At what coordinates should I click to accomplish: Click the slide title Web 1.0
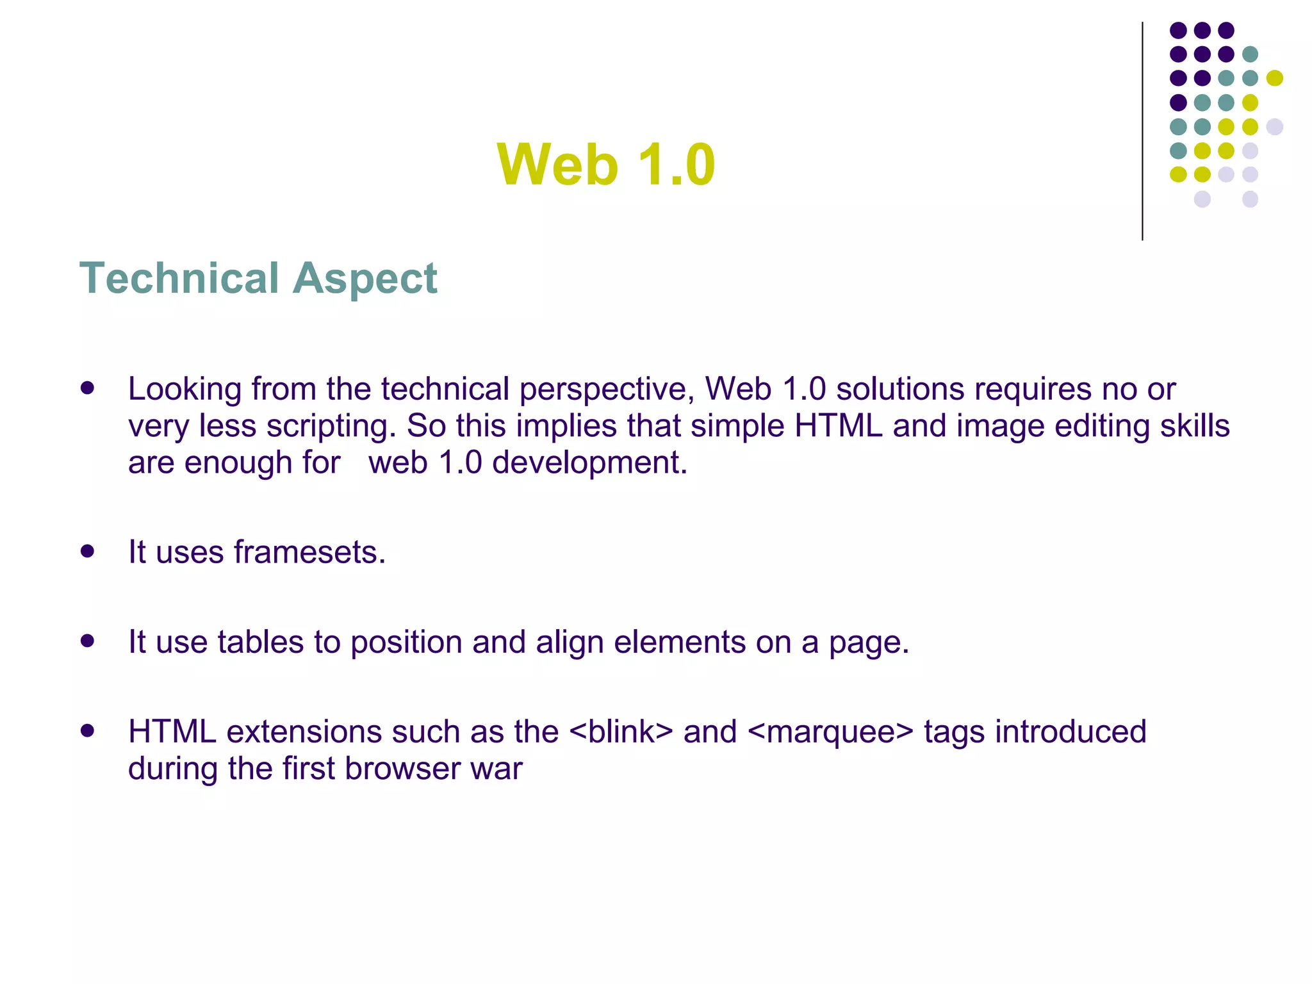click(605, 165)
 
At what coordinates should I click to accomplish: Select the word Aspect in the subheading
click(365, 279)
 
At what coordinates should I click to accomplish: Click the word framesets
click(309, 552)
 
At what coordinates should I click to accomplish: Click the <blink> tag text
click(621, 732)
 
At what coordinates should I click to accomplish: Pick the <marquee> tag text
click(830, 733)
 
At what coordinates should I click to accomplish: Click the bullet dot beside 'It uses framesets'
click(88, 551)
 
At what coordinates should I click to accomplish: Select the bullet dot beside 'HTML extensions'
click(88, 730)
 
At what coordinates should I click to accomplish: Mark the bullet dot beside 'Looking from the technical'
click(88, 388)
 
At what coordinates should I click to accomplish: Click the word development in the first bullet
click(589, 463)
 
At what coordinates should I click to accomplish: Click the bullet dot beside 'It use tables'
click(88, 641)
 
